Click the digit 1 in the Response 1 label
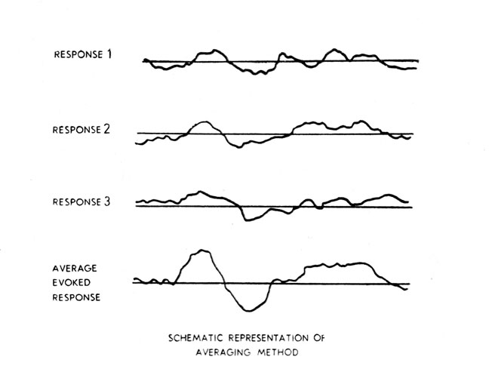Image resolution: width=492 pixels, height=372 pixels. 110,54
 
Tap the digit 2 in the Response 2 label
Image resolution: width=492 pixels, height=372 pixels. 106,129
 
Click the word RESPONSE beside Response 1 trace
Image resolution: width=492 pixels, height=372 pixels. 77,54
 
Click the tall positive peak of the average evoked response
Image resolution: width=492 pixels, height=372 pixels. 201,250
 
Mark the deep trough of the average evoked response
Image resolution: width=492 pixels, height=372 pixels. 248,310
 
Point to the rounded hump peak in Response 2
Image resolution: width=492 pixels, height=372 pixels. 201,121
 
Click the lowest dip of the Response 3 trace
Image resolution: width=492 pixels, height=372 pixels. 248,220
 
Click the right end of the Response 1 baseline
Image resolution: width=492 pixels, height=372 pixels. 417,60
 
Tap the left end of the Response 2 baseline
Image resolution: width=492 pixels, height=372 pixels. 137,134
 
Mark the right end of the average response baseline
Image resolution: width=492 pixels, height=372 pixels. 410,284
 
